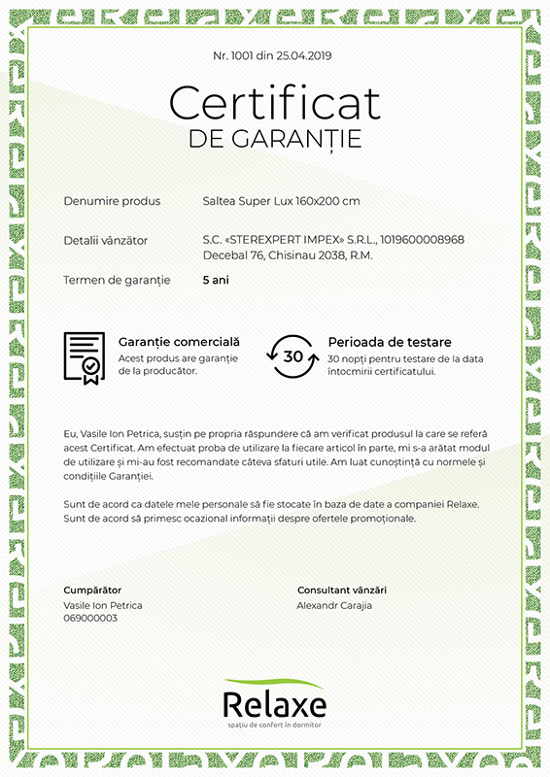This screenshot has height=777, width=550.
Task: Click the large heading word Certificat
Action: tap(275, 102)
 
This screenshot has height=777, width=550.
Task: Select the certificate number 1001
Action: tap(242, 55)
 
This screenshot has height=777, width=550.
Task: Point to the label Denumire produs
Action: tap(112, 201)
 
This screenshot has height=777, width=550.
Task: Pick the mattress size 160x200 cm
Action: tap(327, 201)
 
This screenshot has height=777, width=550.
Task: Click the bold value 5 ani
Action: tap(217, 280)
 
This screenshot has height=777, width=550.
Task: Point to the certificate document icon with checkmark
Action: tap(85, 357)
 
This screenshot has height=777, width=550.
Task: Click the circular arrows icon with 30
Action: tap(292, 356)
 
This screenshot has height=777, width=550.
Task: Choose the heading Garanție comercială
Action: tap(179, 342)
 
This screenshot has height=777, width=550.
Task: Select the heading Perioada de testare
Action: tap(390, 342)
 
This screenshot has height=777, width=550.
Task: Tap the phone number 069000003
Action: tap(90, 618)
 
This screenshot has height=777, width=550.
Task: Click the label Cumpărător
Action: tap(92, 590)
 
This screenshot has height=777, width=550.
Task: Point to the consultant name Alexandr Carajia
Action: tap(334, 605)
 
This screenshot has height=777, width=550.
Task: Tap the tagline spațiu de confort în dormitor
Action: tap(274, 726)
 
